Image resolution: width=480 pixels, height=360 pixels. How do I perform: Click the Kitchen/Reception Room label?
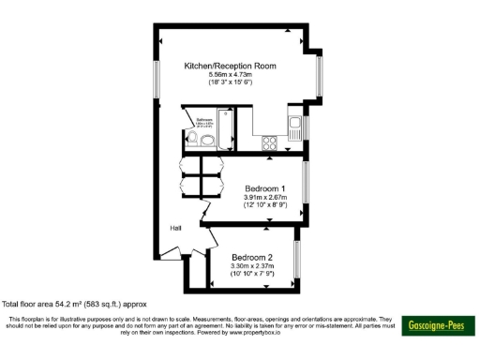tap(230, 66)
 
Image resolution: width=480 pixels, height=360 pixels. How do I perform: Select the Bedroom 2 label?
tap(253, 257)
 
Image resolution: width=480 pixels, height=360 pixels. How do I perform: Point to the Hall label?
tap(175, 228)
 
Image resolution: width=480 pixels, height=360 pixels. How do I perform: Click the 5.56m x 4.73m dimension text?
tap(230, 75)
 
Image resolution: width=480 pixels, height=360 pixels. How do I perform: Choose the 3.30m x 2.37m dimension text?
tap(253, 266)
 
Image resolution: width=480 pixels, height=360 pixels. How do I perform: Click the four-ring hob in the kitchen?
tap(269, 143)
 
